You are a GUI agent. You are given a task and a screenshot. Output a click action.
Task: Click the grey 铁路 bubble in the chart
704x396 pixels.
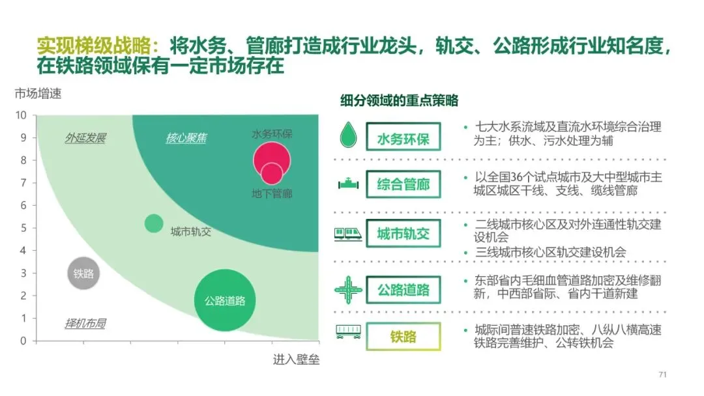pos(83,274)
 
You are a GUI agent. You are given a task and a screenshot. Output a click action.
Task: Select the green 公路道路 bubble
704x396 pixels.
pos(225,300)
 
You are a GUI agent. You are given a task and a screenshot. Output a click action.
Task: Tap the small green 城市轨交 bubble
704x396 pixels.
pos(154,223)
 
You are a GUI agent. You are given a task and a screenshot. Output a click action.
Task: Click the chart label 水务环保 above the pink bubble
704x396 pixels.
pos(272,134)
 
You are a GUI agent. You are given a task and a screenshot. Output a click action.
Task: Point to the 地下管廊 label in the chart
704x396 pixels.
pos(272,193)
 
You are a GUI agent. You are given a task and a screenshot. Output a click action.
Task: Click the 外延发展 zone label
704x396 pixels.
pos(85,138)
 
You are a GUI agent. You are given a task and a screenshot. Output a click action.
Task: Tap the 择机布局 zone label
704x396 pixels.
pos(85,323)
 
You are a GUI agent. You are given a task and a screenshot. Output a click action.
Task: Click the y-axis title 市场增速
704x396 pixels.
pos(38,94)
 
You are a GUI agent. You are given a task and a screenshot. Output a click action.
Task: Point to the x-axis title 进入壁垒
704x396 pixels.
pos(296,360)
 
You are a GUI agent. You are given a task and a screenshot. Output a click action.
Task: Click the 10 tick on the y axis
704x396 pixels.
pos(21,115)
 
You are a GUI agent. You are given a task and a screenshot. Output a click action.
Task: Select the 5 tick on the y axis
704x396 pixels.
pos(23,228)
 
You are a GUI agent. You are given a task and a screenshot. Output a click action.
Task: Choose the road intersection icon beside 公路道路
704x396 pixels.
pos(348,289)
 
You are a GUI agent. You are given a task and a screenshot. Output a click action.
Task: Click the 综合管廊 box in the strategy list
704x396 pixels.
pos(403,184)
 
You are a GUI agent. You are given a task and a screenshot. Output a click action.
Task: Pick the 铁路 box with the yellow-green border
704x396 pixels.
pos(403,337)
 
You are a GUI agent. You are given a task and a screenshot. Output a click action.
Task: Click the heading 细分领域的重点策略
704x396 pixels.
pos(399,101)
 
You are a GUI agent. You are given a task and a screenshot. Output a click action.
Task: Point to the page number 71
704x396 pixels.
pos(663,375)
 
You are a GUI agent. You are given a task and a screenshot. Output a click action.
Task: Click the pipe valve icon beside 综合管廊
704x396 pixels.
pos(348,184)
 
